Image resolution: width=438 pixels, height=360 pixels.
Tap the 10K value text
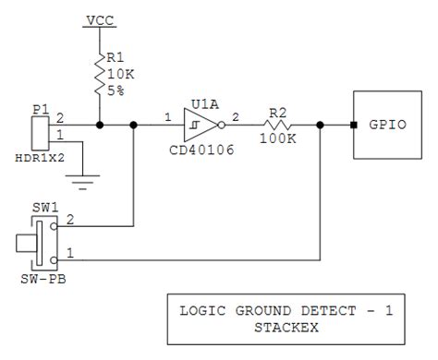pyautogui.click(x=123, y=73)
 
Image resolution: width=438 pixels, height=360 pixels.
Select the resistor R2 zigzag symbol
pyautogui.click(x=279, y=124)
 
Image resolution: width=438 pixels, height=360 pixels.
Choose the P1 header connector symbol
pyautogui.click(x=40, y=133)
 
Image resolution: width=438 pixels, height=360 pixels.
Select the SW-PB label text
pyautogui.click(x=40, y=278)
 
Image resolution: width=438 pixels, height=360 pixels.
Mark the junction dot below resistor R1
pyautogui.click(x=100, y=124)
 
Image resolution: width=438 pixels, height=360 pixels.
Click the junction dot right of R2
pyautogui.click(x=320, y=124)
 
